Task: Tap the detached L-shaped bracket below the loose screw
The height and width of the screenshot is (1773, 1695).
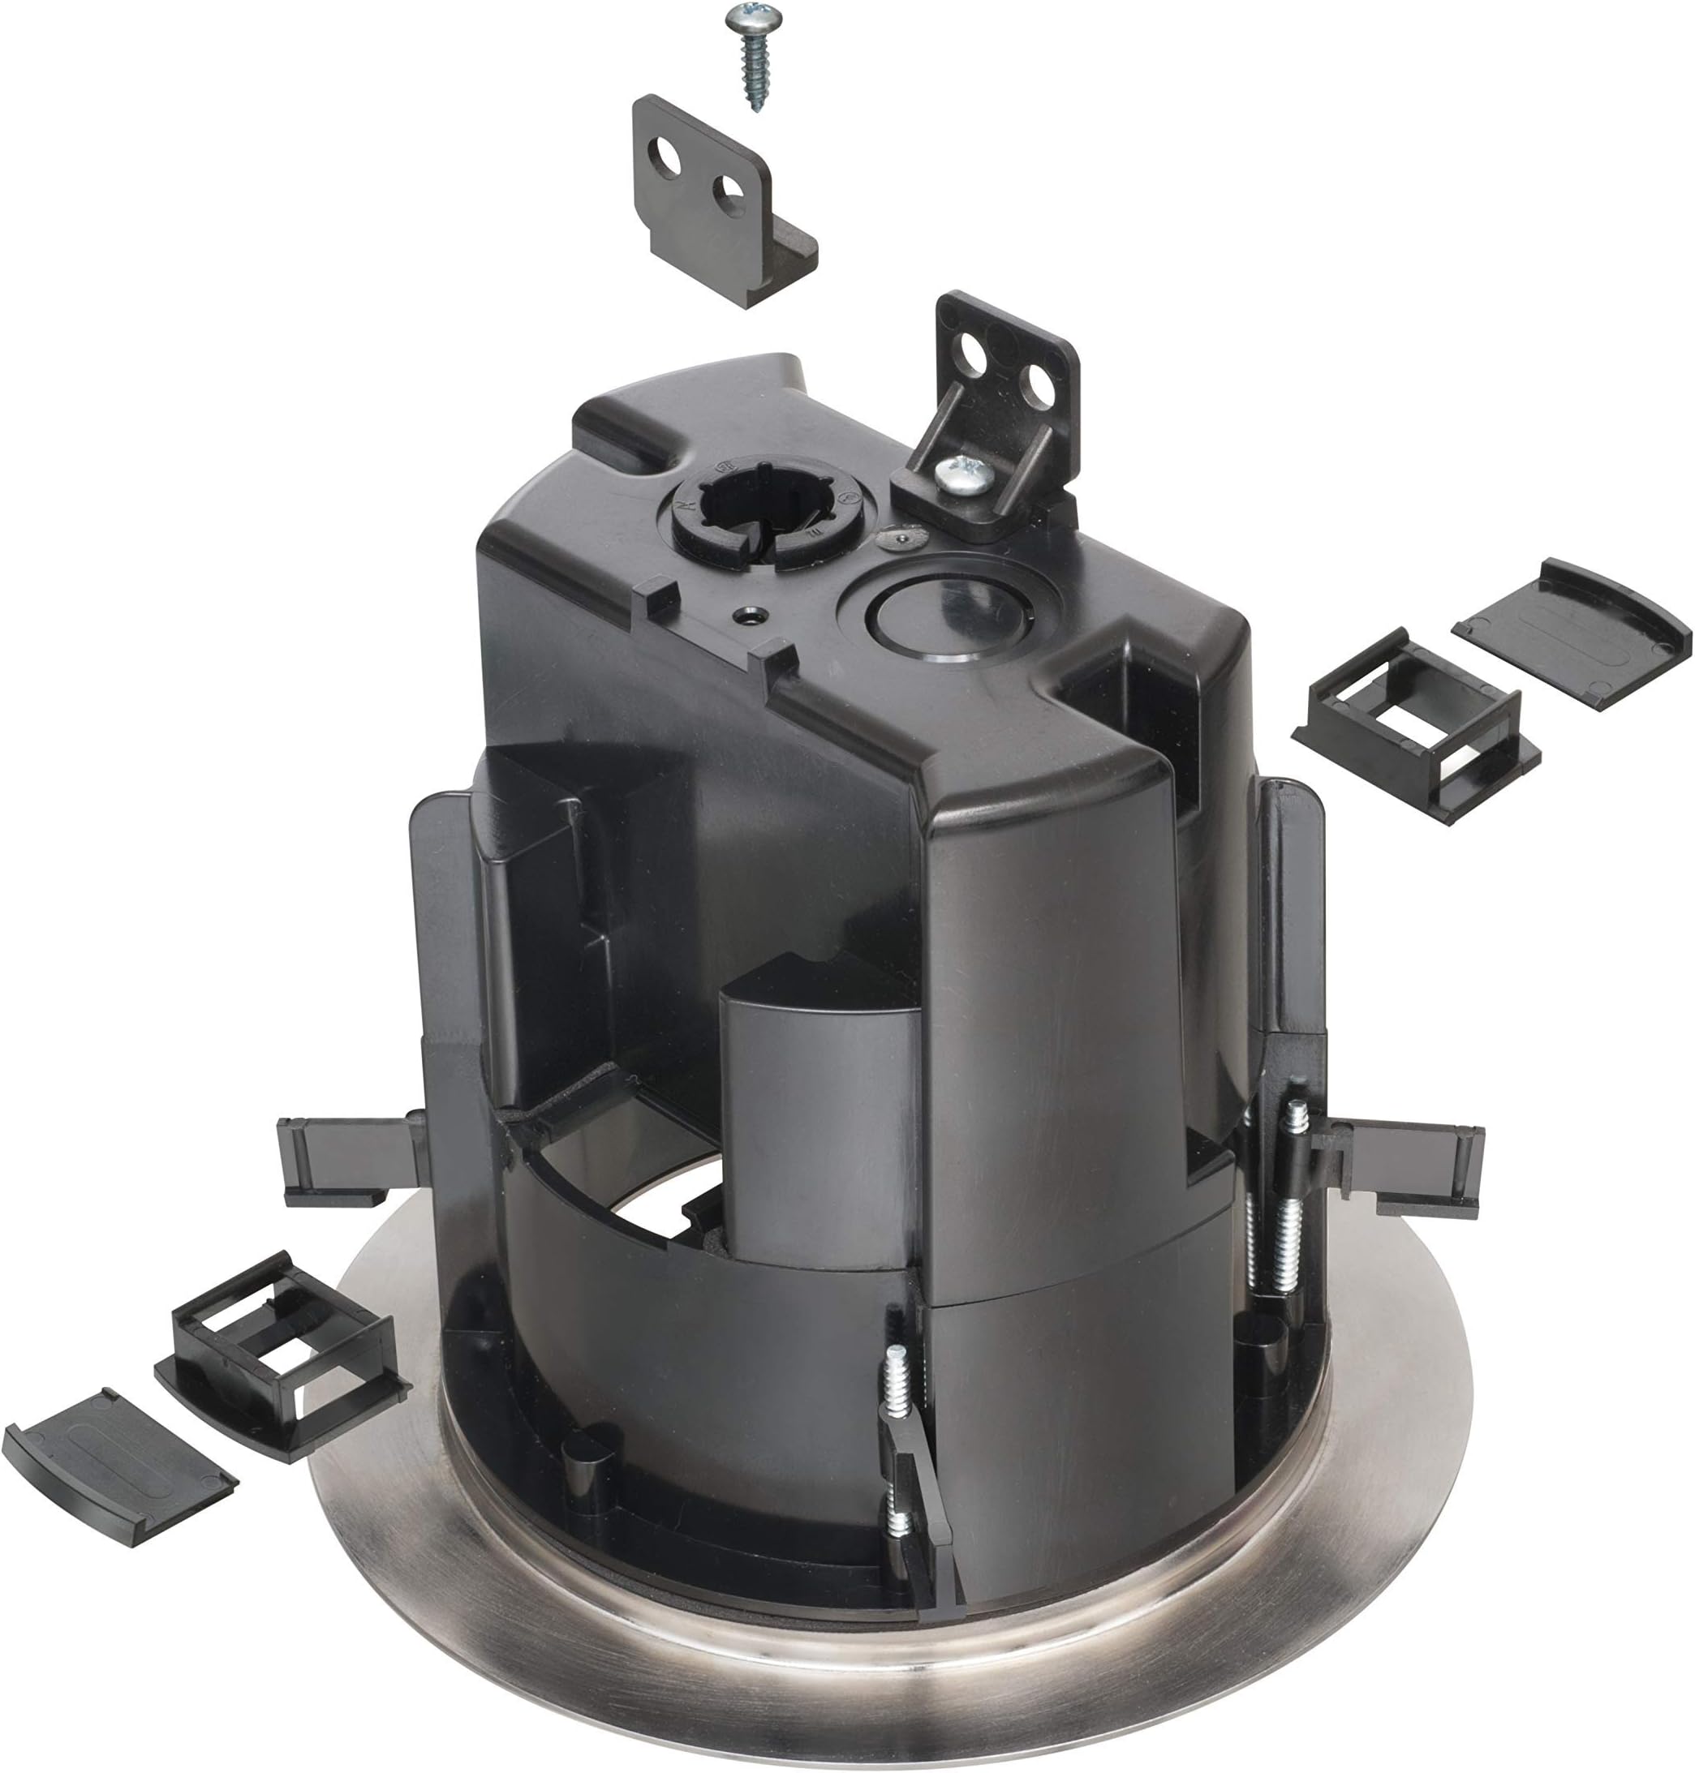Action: pyautogui.click(x=714, y=208)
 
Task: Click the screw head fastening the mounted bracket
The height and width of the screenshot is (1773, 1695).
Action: pyautogui.click(x=964, y=474)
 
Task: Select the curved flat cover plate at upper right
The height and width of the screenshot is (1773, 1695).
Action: pyautogui.click(x=1572, y=633)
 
